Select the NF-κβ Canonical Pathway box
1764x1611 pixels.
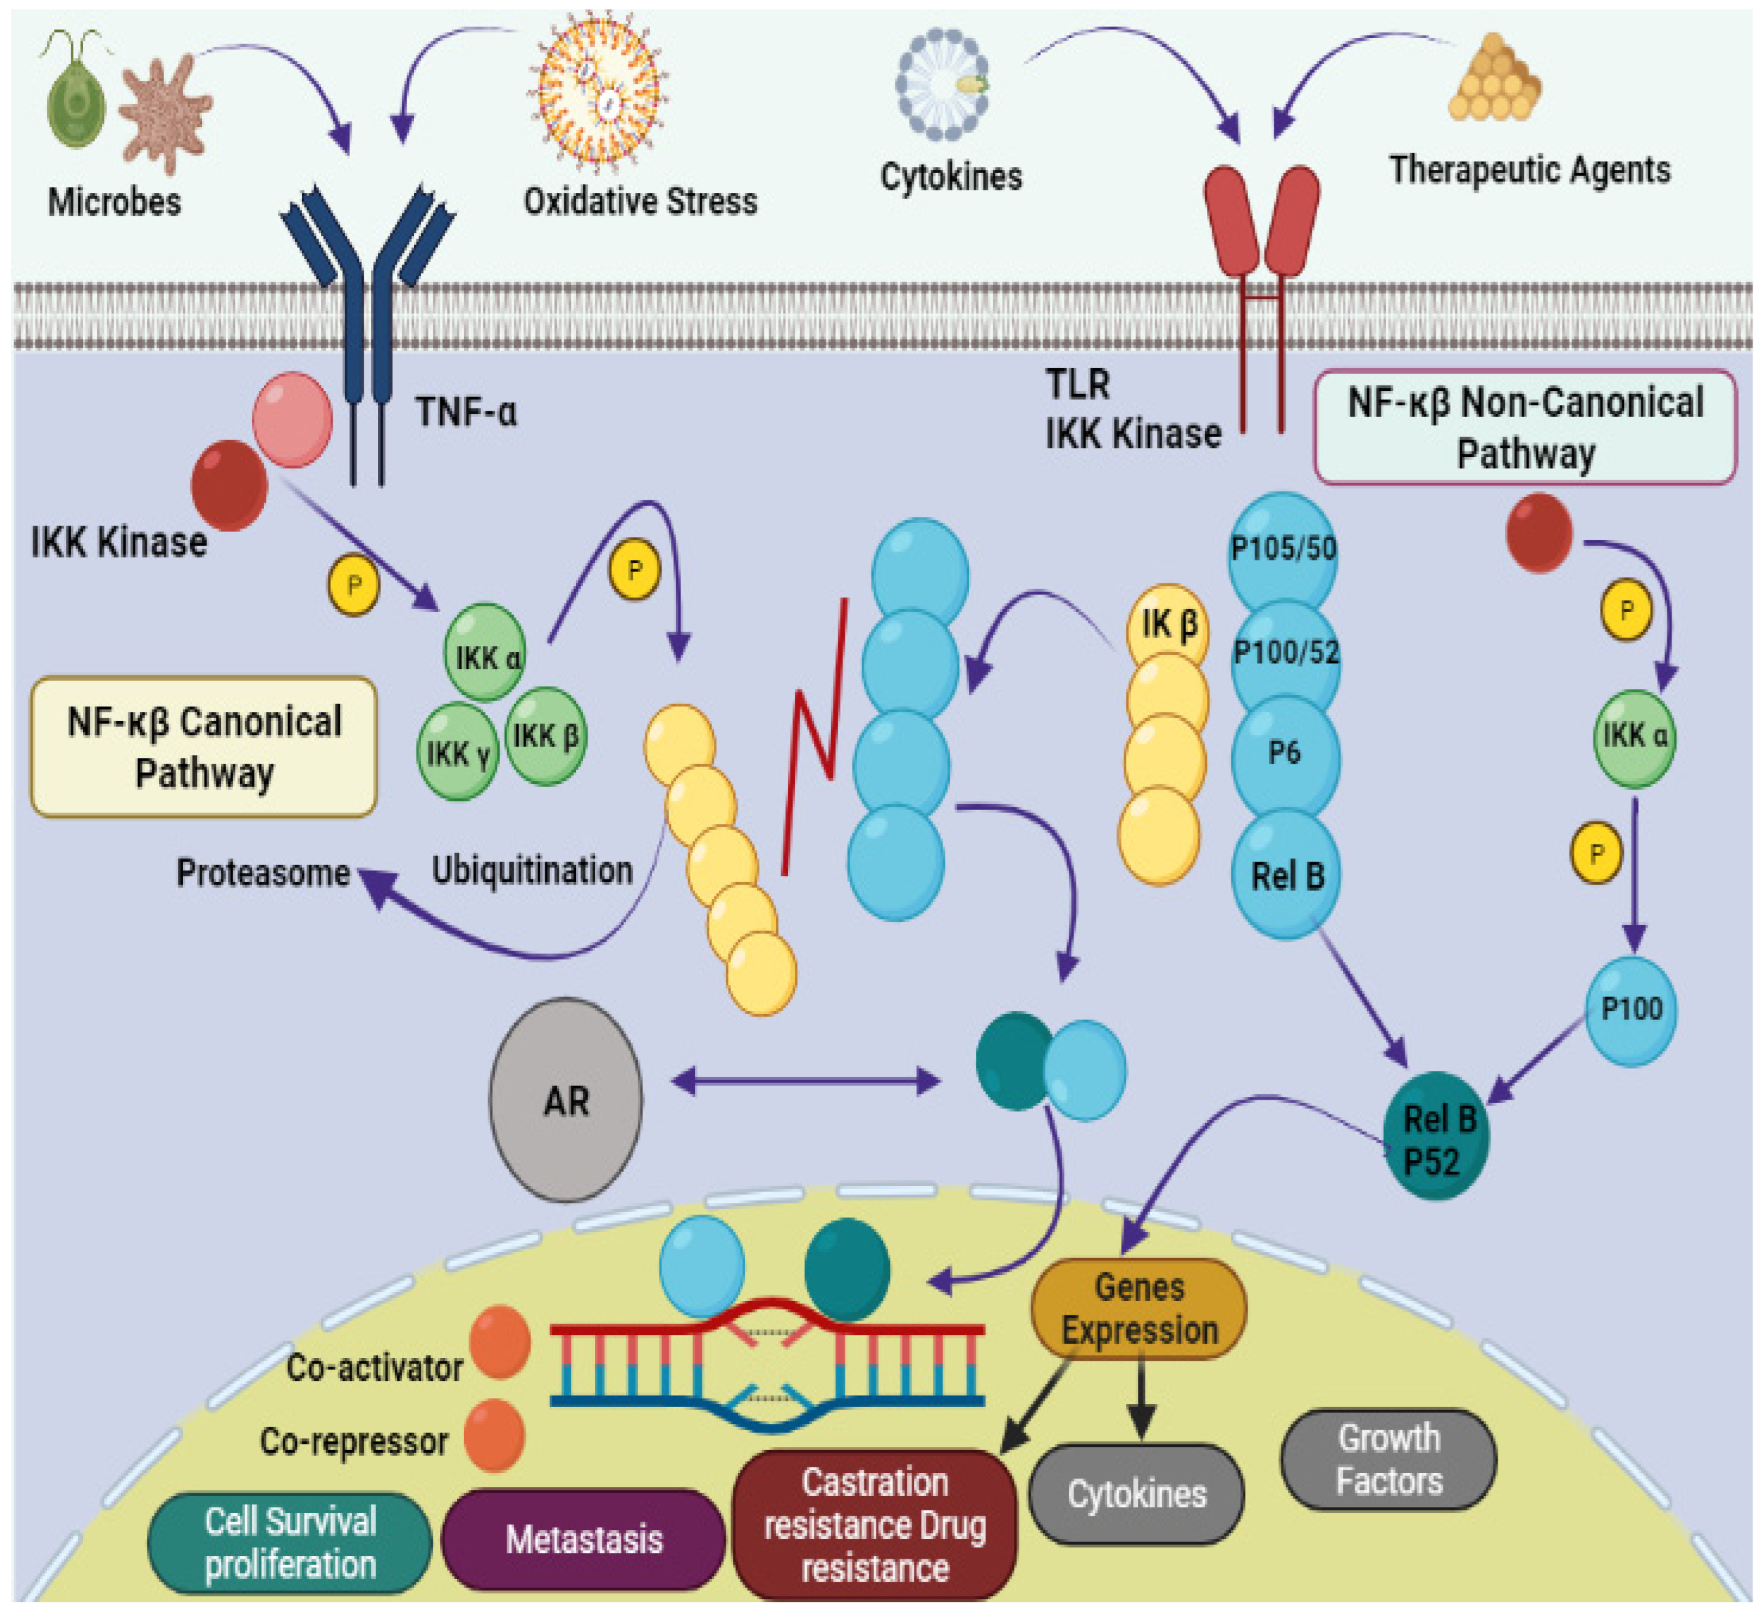[x=204, y=746]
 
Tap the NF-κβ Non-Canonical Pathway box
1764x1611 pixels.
[x=1525, y=427]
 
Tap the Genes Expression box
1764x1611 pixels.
[x=1138, y=1309]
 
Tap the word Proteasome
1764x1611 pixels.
[x=262, y=873]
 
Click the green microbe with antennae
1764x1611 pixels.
[x=76, y=96]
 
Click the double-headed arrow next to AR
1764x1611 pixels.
[x=806, y=1081]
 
